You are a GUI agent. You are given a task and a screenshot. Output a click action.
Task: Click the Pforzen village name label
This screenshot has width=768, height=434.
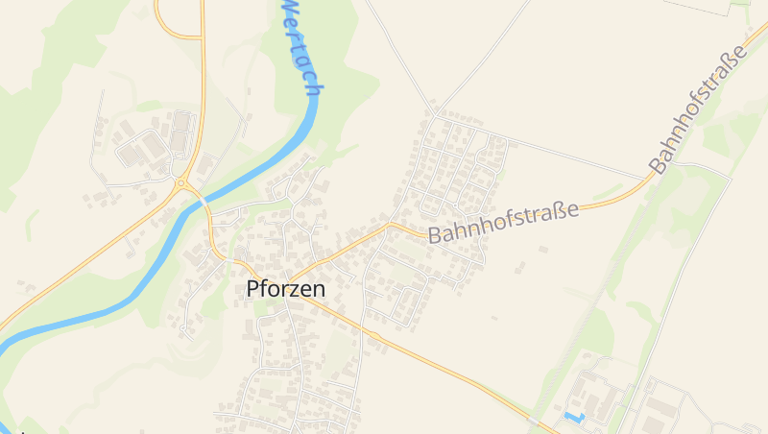pyautogui.click(x=286, y=288)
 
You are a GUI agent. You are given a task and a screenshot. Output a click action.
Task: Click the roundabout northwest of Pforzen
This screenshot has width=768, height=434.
pyautogui.click(x=180, y=181)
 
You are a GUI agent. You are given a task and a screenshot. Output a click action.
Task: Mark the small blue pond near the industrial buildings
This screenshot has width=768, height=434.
pyautogui.click(x=574, y=418)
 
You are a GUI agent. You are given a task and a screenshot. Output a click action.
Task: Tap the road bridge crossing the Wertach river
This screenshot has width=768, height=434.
pyautogui.click(x=195, y=198)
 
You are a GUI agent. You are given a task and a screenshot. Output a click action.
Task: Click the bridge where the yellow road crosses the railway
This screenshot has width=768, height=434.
pyautogui.click(x=534, y=420)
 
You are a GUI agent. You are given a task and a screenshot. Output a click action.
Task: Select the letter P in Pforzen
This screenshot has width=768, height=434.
pyautogui.click(x=253, y=288)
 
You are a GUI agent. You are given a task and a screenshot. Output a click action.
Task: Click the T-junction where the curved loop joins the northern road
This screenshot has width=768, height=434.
pyautogui.click(x=203, y=37)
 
